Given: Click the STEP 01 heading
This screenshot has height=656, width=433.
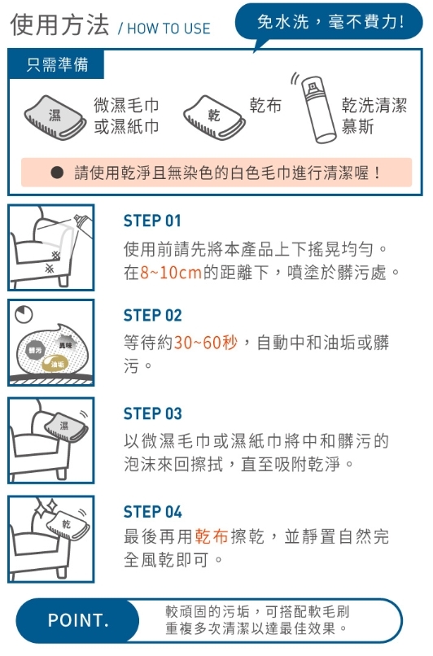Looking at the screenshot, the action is [x=152, y=221].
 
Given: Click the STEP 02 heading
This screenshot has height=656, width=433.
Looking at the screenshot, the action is [x=153, y=316].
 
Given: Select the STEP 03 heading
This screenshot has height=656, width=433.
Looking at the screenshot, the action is [x=153, y=413].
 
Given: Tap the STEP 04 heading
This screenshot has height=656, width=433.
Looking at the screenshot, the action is [x=153, y=512].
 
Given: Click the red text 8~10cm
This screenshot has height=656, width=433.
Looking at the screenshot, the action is [x=171, y=273].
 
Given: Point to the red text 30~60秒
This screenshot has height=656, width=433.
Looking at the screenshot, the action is [x=206, y=343].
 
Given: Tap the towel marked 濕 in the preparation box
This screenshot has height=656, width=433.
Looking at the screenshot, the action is [x=55, y=117].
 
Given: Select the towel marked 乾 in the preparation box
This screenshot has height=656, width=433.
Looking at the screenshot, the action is [x=214, y=116].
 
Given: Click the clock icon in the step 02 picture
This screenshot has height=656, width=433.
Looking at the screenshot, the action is [x=24, y=314].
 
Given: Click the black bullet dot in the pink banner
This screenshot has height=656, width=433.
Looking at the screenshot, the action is [x=57, y=173].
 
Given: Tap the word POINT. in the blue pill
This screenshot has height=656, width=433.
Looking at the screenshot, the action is [x=78, y=620].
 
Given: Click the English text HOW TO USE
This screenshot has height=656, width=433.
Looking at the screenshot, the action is [x=168, y=28].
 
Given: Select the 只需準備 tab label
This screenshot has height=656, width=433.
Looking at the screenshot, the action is [x=57, y=64].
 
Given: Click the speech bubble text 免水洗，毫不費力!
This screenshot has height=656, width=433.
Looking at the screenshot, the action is [x=330, y=22].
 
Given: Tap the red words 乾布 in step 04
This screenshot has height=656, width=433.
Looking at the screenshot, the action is [x=212, y=536].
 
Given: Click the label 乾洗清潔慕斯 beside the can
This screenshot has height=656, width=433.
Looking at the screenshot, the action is [x=374, y=116].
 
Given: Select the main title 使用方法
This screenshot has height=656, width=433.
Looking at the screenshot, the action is [x=59, y=24].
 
